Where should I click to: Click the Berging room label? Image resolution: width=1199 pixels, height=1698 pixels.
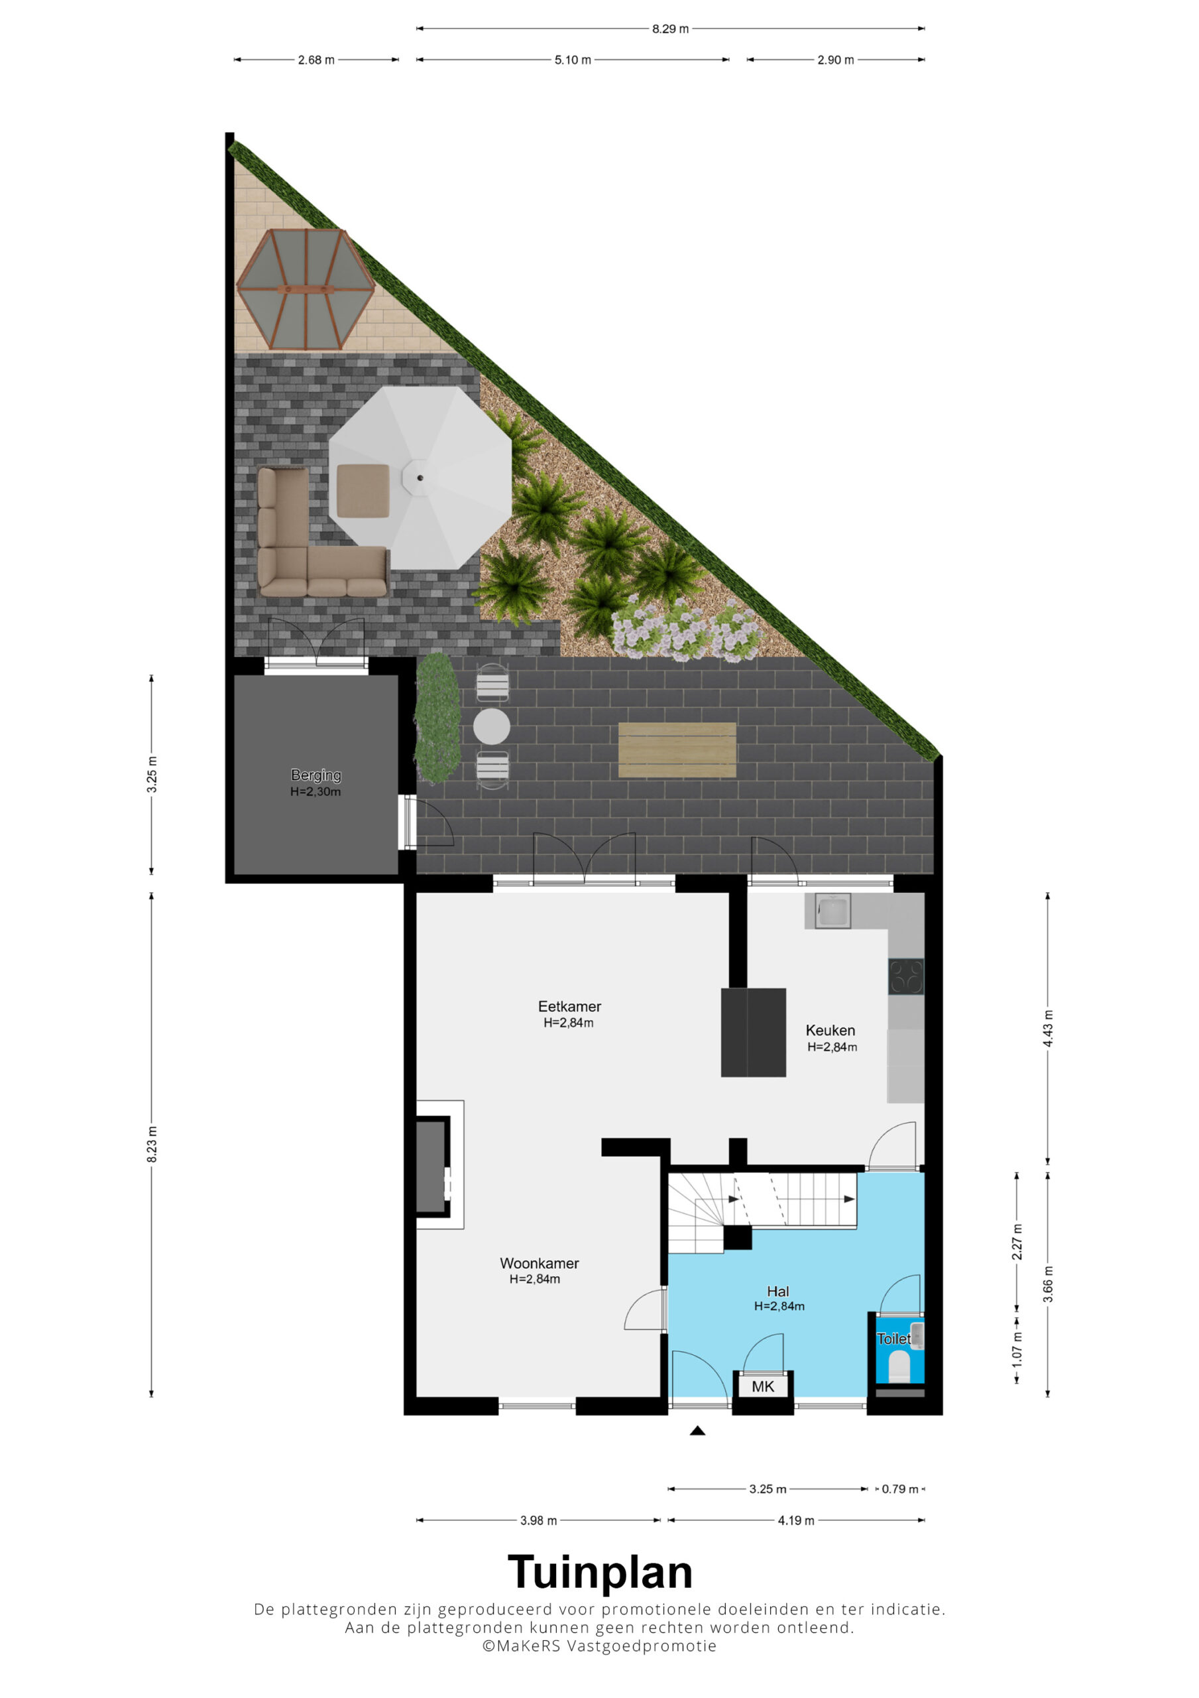(x=315, y=774)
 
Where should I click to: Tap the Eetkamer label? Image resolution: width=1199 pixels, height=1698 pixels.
(x=569, y=1006)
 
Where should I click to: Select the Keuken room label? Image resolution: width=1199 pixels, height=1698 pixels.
(x=830, y=1029)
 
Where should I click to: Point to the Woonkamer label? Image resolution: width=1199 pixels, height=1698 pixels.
(x=539, y=1263)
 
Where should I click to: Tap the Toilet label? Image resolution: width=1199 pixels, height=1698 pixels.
(x=893, y=1339)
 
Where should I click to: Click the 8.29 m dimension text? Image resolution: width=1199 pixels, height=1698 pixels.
(x=669, y=29)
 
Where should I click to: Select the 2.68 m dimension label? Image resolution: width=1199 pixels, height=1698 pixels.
(x=316, y=60)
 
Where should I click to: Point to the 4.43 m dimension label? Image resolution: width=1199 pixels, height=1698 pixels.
(x=1048, y=1028)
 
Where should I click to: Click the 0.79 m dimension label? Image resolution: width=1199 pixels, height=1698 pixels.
(x=899, y=1488)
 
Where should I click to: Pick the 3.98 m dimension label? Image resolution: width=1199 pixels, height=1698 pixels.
(x=538, y=1520)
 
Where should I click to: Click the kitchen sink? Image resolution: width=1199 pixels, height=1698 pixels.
(x=833, y=911)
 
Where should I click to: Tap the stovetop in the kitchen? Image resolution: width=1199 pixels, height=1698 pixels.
(x=906, y=976)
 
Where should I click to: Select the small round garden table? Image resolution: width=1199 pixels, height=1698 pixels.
(x=492, y=726)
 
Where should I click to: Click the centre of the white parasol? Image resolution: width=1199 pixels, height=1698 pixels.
(x=420, y=478)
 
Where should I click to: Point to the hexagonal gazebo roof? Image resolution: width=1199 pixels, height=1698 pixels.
(x=306, y=289)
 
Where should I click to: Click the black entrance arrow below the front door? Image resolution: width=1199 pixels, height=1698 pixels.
(x=697, y=1431)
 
